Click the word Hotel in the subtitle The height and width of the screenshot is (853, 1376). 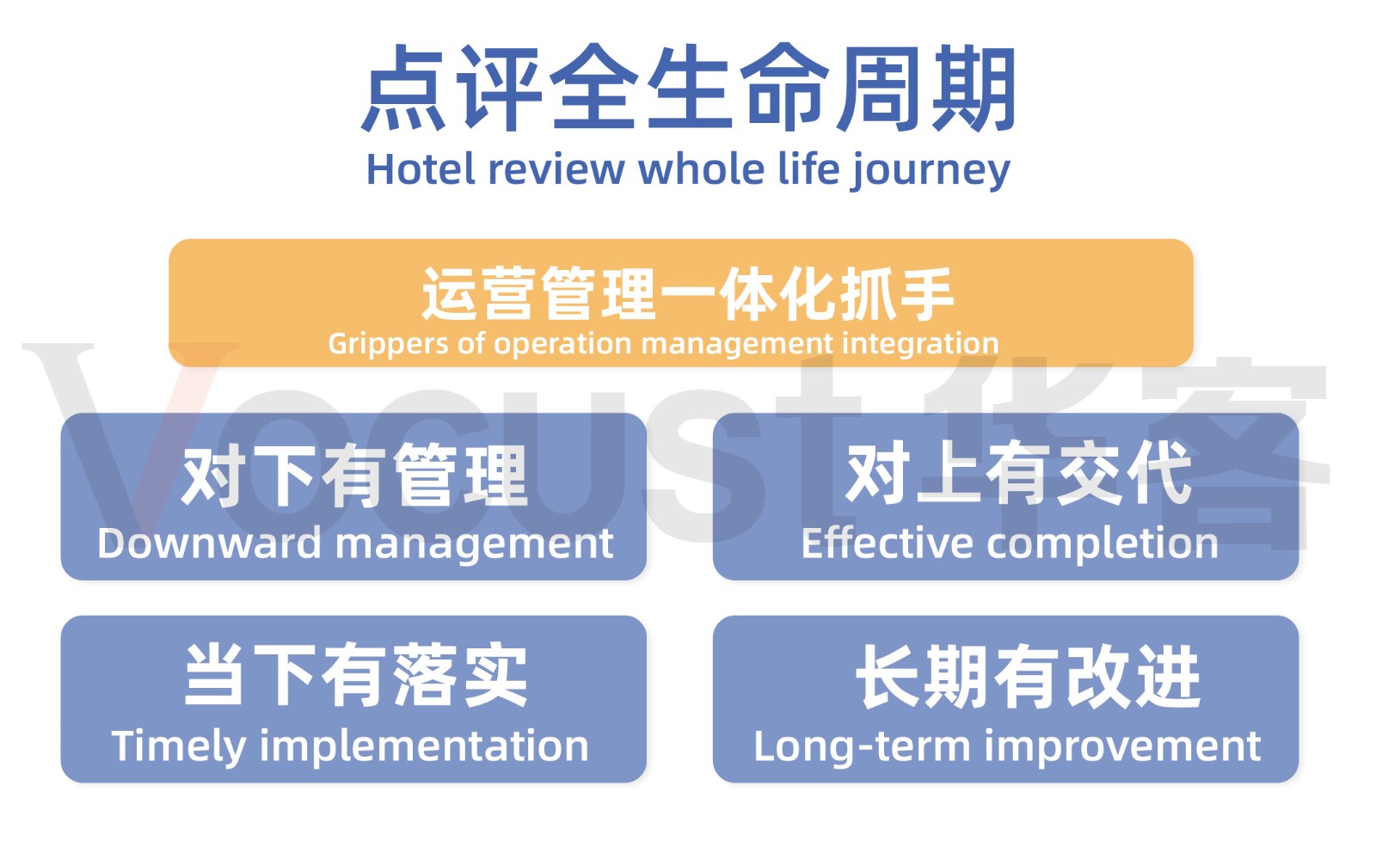tap(421, 169)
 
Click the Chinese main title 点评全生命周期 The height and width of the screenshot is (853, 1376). tap(688, 89)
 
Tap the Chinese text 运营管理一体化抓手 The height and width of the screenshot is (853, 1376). tap(688, 294)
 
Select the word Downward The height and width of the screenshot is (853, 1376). tap(209, 543)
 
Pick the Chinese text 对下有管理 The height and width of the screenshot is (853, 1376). tap(354, 476)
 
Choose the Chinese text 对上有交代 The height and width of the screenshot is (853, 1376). tap(1018, 473)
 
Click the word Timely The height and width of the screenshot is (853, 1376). tap(178, 746)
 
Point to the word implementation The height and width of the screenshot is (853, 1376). tap(424, 746)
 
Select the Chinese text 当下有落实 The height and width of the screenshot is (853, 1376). tap(356, 676)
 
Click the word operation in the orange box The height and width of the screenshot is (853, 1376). tap(562, 344)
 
